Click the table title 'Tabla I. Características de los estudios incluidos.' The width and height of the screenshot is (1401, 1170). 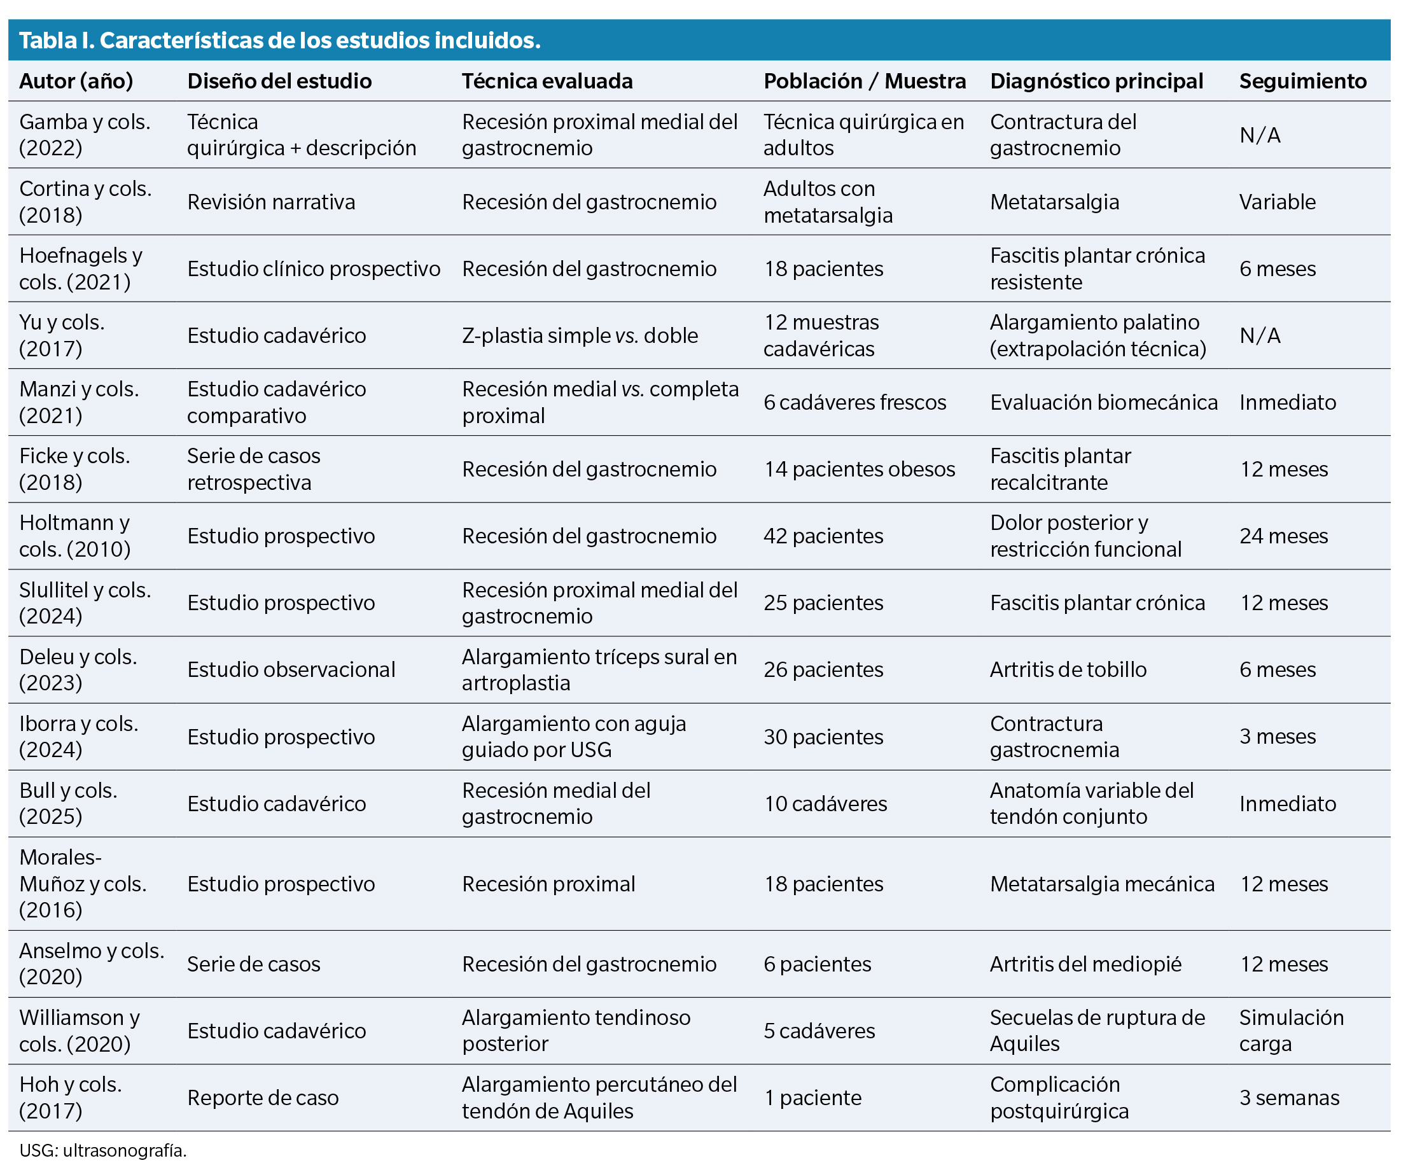coord(279,41)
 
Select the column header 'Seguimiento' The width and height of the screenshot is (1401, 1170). coord(1302,81)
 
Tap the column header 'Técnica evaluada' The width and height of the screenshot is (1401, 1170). coord(547,81)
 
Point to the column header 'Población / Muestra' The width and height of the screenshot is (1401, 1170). coord(864,81)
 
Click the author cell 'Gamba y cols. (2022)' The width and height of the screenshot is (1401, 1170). coord(85,135)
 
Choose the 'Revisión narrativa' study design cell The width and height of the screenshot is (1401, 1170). coord(271,202)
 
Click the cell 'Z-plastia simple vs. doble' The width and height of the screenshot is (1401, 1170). coord(580,335)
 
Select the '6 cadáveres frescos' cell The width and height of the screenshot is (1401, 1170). coord(854,402)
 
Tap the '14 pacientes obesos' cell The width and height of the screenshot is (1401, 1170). coord(860,470)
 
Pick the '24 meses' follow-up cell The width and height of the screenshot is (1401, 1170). coord(1283,536)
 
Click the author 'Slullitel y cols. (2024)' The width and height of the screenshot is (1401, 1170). coord(85,603)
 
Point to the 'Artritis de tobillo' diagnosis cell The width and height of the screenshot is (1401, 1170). coord(1068,670)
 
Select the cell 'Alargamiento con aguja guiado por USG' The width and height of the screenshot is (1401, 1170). coord(574,737)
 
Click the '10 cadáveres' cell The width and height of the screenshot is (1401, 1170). coord(825,804)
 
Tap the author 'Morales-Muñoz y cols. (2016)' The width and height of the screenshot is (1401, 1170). coord(83,884)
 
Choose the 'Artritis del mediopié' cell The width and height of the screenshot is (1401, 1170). coord(1085,964)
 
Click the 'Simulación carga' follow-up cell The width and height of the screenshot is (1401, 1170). coord(1292,1031)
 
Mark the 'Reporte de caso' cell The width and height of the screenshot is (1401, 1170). coord(263,1098)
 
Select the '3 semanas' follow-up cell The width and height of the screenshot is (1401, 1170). coord(1289,1098)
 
